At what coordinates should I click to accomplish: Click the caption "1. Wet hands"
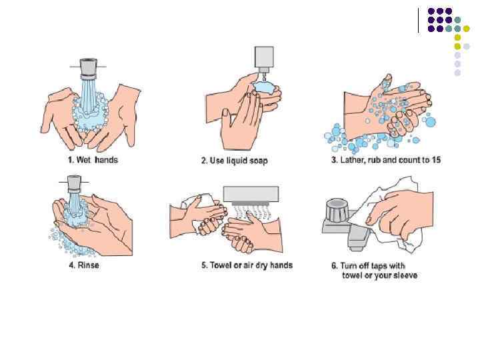tap(93, 160)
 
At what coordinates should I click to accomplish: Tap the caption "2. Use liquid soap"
tap(235, 161)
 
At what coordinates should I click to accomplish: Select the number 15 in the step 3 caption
tap(436, 159)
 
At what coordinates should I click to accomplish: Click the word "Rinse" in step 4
tap(89, 265)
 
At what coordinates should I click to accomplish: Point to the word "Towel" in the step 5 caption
tap(221, 265)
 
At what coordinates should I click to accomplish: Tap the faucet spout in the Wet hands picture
tap(88, 67)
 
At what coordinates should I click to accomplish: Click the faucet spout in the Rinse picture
tap(74, 184)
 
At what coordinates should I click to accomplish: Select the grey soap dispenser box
tap(264, 57)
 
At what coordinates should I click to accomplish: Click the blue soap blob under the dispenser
tap(265, 87)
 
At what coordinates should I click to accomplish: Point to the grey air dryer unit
tap(251, 194)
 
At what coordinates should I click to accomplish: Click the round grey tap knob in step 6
tap(337, 210)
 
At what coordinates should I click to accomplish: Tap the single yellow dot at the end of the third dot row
tap(466, 29)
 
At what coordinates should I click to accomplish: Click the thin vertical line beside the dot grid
tap(419, 20)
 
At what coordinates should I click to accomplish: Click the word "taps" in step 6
tap(379, 266)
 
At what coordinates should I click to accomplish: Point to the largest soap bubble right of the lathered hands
tap(431, 122)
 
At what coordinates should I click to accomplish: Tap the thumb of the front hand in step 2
tap(227, 118)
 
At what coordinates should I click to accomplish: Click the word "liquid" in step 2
tap(237, 161)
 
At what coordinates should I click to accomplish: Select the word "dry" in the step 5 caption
tap(261, 265)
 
